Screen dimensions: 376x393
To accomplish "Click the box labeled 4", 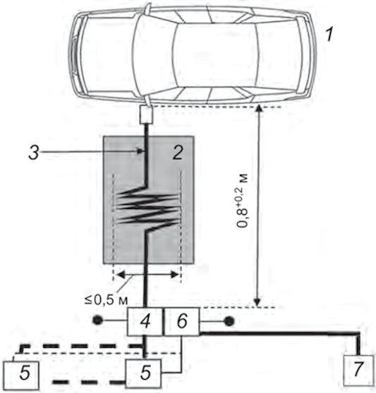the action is point(145,321).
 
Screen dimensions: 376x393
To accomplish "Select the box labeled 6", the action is point(182,321).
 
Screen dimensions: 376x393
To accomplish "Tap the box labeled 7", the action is point(358,370).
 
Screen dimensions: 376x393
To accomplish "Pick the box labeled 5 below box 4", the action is point(144,373).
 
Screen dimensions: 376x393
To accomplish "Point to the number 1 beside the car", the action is point(329,35).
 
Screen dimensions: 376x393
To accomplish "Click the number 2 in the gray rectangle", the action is point(178,152).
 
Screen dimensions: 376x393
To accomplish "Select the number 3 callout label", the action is point(34,152).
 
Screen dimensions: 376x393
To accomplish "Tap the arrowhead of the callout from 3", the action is point(140,151).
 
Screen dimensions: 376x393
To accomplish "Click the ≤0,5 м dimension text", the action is point(107,300).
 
